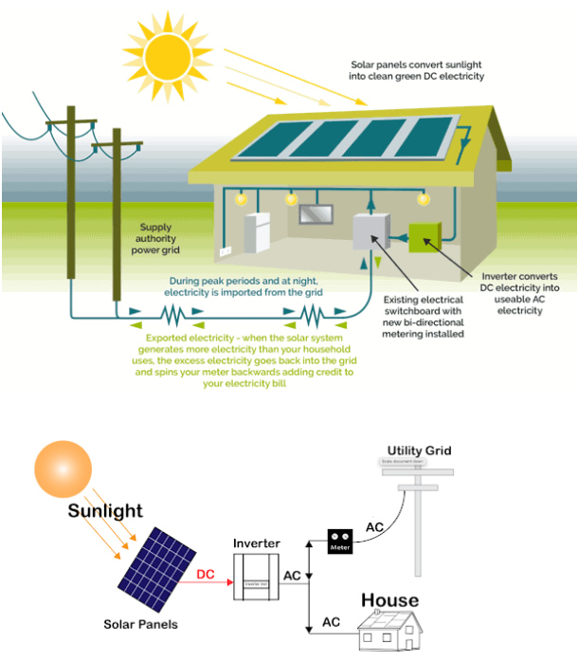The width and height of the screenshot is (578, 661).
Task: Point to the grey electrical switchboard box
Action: [x=371, y=233]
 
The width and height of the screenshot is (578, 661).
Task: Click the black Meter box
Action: [x=340, y=542]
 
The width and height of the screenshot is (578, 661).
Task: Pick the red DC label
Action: [x=206, y=575]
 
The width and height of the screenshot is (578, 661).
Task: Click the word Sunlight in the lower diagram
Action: [x=104, y=511]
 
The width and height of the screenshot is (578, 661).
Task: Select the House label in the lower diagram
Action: [x=389, y=600]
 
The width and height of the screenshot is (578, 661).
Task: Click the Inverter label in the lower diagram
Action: [x=257, y=543]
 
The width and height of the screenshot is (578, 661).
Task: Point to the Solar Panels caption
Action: [x=140, y=625]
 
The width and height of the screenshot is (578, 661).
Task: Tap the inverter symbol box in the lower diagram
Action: [x=257, y=581]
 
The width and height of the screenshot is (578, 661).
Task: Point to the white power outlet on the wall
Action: [x=226, y=252]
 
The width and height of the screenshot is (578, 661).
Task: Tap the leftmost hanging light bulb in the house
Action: [x=242, y=199]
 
